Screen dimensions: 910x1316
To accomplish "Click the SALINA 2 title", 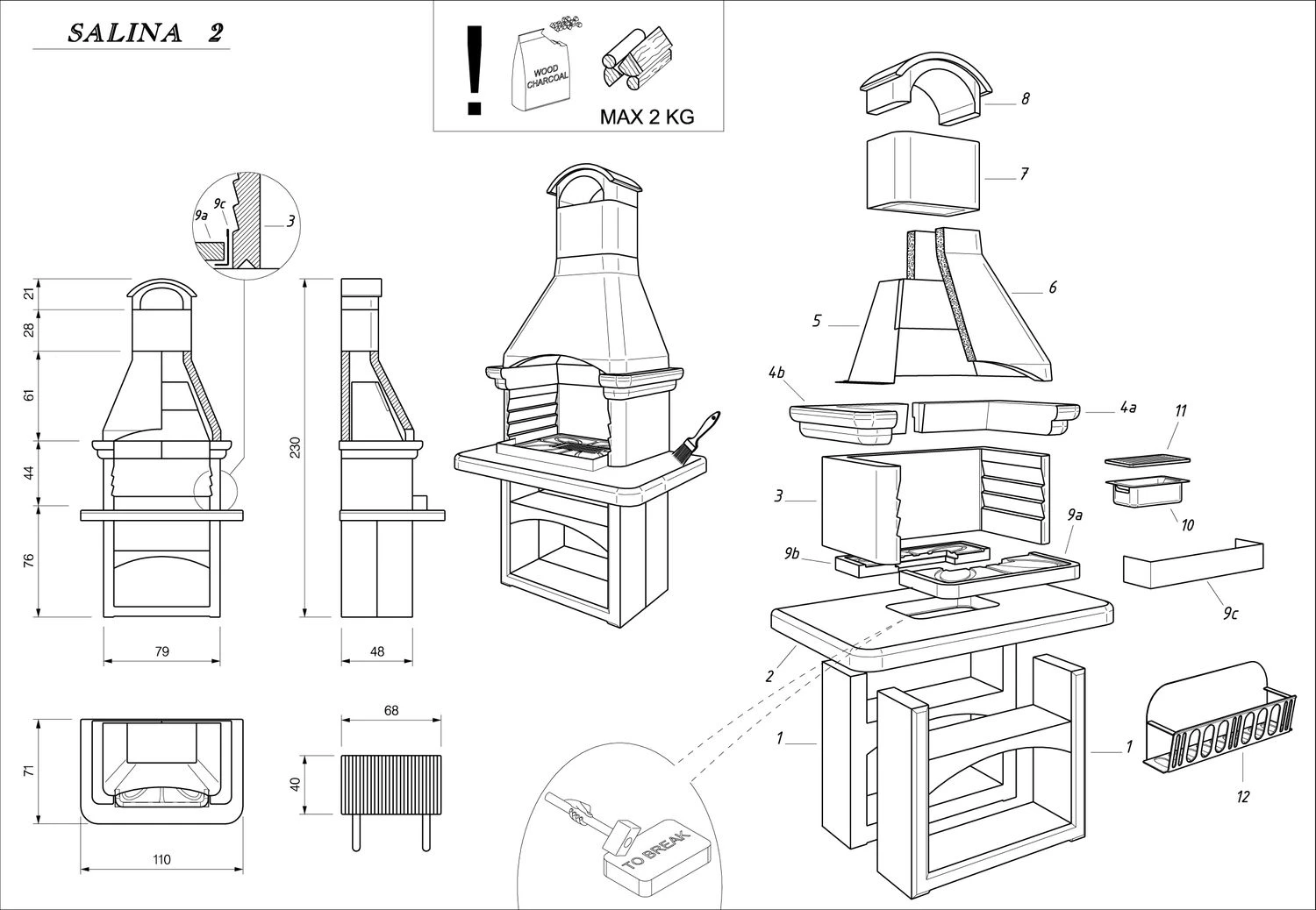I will pos(145,33).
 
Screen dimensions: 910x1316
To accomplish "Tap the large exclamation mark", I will pos(475,70).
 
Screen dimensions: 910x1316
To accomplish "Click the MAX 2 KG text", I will pos(647,117).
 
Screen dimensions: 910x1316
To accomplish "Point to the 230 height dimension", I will pos(296,447).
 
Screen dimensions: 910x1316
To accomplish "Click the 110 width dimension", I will pos(161,860).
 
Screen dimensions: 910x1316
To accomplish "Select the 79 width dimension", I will pos(161,651).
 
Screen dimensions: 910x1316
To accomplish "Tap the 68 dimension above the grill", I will pos(391,711).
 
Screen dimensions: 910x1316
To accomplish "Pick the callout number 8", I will pos(1025,99).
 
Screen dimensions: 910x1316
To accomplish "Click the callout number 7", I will pos(1024,174).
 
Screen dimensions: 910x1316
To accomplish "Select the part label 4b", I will pos(776,373).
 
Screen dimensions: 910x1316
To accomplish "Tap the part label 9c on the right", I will pos(1230,614).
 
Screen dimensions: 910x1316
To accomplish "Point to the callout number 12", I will pos(1242,796).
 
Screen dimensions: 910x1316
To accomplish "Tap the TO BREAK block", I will pos(654,863).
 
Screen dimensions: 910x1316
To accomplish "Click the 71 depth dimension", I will pos(28,771).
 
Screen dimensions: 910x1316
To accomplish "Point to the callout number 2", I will pos(769,676).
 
